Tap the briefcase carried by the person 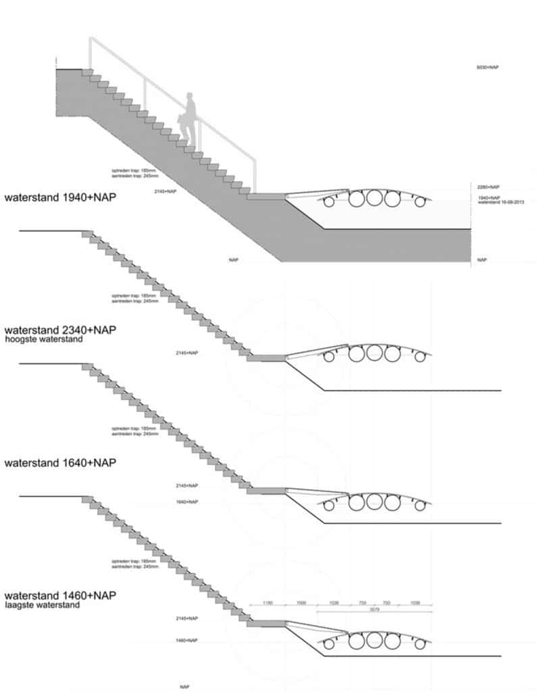tap(183, 120)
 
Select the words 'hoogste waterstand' tap(44, 340)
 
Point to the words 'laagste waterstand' tap(42, 605)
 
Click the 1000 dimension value tap(301, 602)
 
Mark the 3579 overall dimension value tap(373, 609)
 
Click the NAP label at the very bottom tap(184, 687)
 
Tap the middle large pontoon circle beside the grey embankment tap(374, 198)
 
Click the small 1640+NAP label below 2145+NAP tap(187, 502)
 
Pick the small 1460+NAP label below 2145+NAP tap(187, 640)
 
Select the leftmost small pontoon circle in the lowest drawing tap(330, 643)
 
